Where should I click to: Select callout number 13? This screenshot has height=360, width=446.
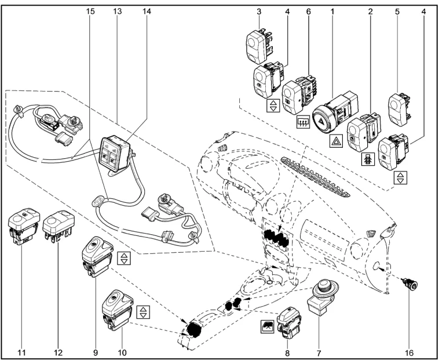(117, 11)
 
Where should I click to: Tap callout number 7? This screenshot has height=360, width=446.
(319, 351)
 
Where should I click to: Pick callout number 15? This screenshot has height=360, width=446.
(90, 11)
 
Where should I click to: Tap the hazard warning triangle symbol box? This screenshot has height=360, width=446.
(336, 140)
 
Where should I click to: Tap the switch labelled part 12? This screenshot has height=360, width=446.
(60, 223)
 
